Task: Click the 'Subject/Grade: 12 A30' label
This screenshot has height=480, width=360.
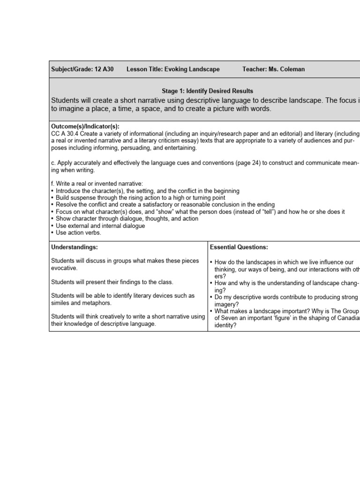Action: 82,69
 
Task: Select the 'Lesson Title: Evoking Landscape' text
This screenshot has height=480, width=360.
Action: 173,69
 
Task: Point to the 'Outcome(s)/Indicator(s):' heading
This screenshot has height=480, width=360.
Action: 85,127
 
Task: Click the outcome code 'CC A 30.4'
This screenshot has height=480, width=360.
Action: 66,134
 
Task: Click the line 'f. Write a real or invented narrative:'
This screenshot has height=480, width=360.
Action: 97,184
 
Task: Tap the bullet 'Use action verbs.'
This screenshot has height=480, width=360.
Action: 78,232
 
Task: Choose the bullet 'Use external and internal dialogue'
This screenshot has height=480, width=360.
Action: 100,225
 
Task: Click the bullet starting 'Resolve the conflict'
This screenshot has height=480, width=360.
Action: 165,205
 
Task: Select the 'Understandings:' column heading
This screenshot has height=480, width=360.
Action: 74,247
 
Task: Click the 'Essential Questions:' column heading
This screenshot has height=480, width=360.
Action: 239,247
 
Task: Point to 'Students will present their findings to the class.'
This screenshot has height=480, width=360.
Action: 112,282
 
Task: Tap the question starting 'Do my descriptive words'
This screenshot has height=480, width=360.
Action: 286,298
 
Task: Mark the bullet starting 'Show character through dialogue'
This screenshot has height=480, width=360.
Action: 127,218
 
